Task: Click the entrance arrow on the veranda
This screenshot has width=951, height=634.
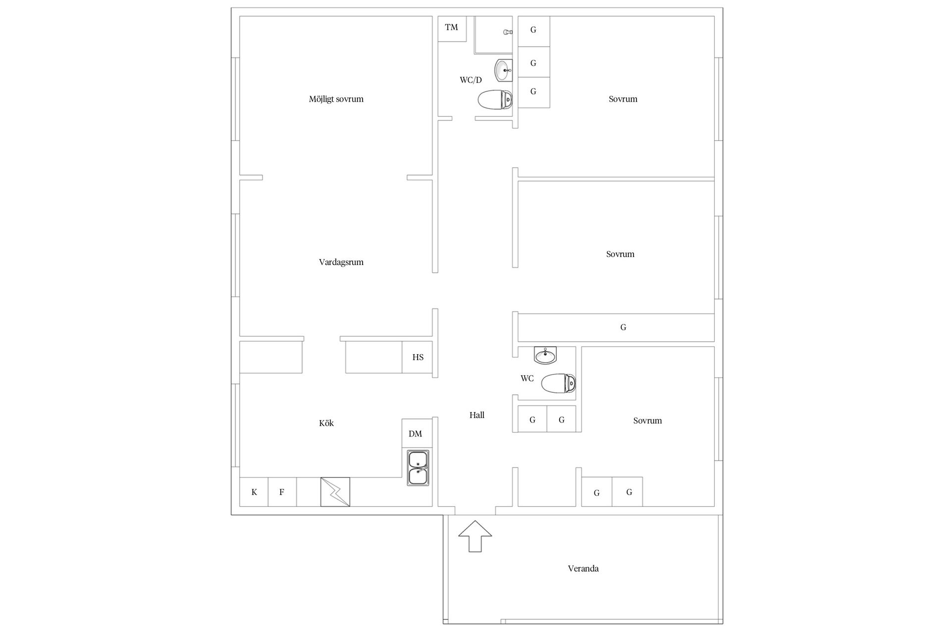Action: pos(475,536)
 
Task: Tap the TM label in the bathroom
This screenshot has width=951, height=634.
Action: pos(451,27)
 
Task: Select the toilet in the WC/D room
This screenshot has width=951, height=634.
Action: pos(495,100)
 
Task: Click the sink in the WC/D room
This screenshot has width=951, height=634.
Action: pos(504,70)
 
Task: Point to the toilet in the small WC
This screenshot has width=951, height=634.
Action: pos(559,383)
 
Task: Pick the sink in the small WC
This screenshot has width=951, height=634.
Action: pos(545,355)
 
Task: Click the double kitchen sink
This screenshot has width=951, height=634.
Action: pos(418,468)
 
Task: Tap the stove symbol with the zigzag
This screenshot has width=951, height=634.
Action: pos(335,492)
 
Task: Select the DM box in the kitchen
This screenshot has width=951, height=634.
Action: pos(416,434)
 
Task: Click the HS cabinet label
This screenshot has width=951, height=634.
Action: pos(418,357)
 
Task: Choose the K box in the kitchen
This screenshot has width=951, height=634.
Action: pos(254,492)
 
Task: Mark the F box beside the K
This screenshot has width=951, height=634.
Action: pos(282,492)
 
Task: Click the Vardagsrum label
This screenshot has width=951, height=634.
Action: pos(341,263)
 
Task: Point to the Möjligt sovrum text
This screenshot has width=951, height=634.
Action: pos(336,99)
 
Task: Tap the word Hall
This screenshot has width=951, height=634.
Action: pos(477,415)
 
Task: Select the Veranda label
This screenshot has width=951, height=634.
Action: pos(583,569)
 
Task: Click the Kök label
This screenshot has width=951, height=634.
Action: pos(326,423)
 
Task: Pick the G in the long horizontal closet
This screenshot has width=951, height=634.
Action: pos(623,327)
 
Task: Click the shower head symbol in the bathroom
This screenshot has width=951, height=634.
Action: pos(507,32)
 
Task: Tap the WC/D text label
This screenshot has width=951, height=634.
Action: pos(471,80)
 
